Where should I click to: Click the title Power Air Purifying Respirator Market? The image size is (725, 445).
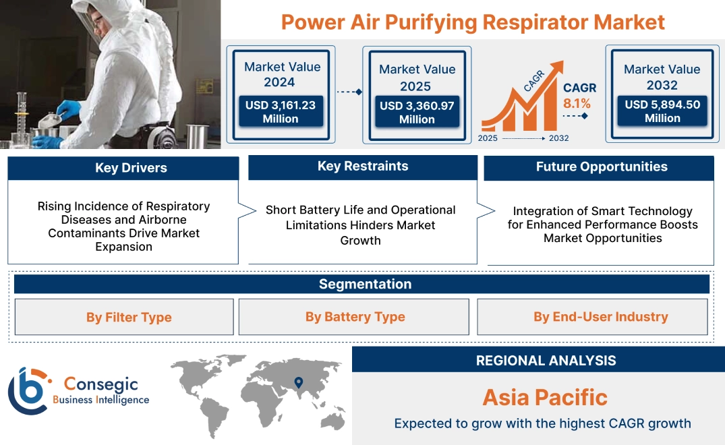pos(473,22)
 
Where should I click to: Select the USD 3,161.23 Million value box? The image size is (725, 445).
pos(280,111)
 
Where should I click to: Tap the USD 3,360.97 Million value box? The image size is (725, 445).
pos(417,112)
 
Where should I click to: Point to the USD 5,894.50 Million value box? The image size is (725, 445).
pos(662,111)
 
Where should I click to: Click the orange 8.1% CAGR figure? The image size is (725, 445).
pos(577,103)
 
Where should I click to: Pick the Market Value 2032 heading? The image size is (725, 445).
pos(662,77)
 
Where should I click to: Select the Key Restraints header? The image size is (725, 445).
pos(363,167)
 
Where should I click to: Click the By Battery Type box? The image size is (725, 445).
pos(355,317)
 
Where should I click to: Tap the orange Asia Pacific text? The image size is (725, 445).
pos(545,397)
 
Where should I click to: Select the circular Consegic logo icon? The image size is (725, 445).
pos(28,390)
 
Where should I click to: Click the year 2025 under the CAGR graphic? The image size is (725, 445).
pos(489,138)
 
